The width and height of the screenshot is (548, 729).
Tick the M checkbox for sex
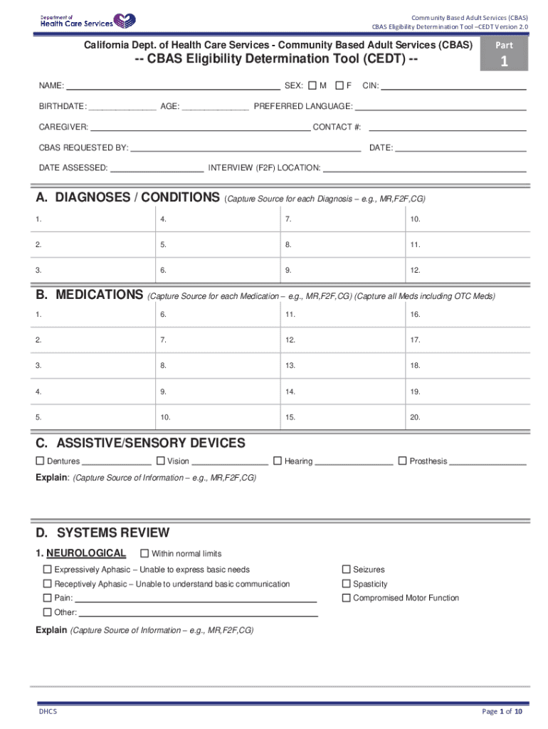coord(312,86)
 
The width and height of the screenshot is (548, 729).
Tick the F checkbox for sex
coord(339,86)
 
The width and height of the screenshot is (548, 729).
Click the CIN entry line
coord(453,89)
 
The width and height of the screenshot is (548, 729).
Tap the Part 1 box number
coord(504,62)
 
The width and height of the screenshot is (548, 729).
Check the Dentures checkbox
coord(41,461)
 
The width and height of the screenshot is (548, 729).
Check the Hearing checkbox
coord(278,461)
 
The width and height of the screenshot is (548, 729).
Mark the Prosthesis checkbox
coord(402,461)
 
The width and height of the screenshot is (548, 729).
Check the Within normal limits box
coord(144,553)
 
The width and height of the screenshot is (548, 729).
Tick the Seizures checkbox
coord(347,570)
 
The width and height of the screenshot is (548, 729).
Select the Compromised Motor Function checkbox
coord(347,598)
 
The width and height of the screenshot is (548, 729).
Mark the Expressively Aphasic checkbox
coord(48,570)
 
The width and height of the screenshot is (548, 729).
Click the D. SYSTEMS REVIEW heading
coord(103,533)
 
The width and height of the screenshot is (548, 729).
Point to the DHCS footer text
coord(48,712)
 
